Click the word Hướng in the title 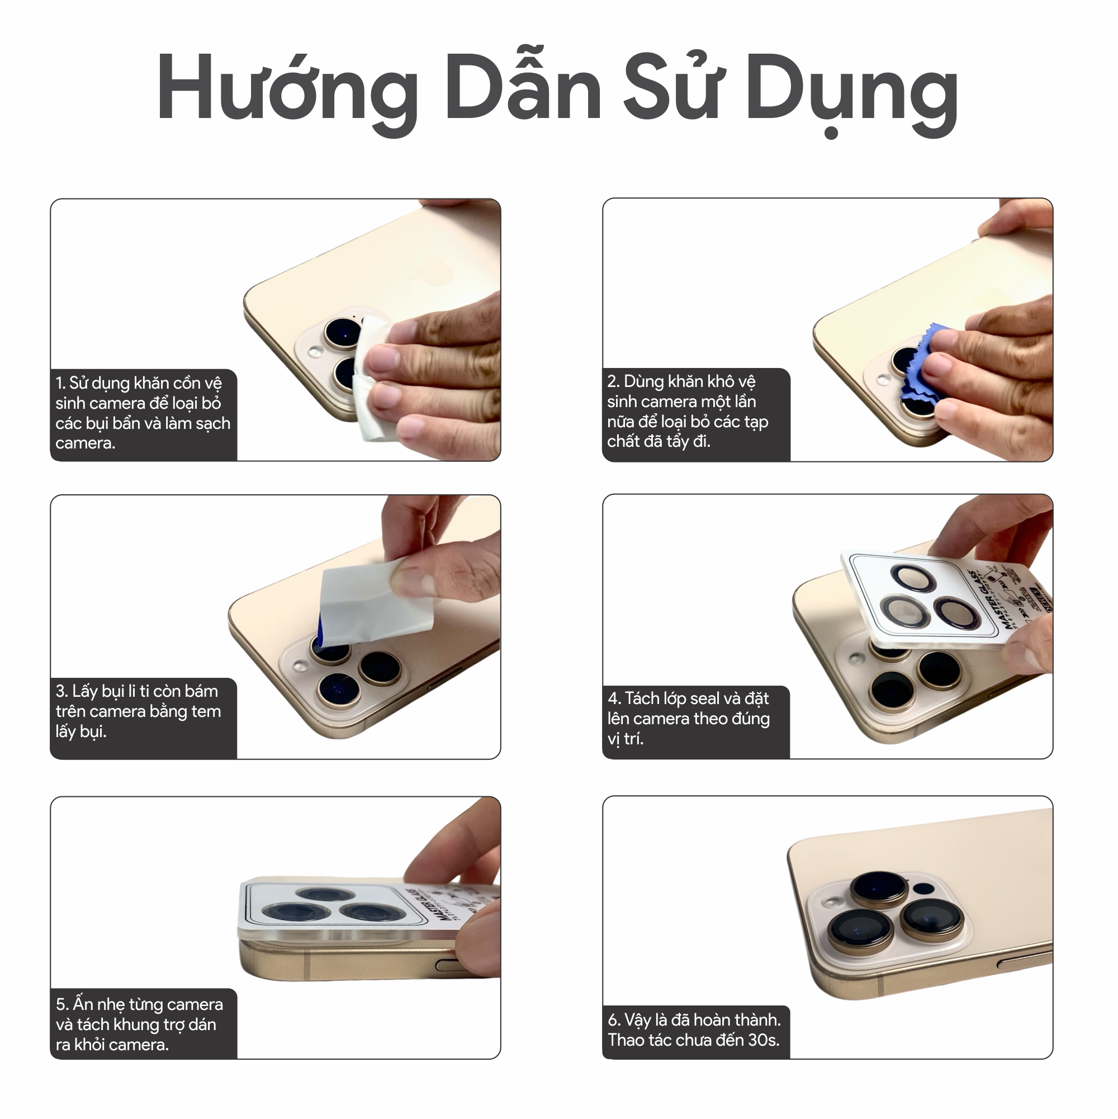[287, 90]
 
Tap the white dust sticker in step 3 [376, 602]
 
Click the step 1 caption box [143, 414]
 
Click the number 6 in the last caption [613, 1020]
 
